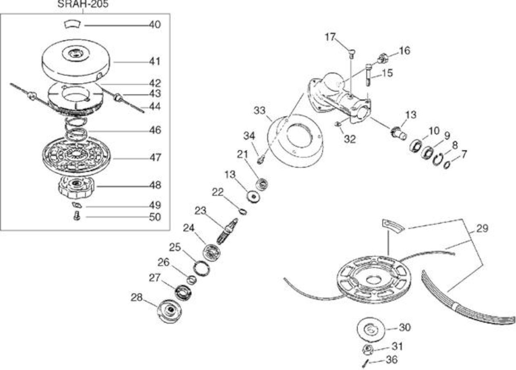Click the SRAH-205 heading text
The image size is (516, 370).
tap(83, 4)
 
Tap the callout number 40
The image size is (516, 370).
tap(155, 25)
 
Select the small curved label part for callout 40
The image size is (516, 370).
tap(72, 24)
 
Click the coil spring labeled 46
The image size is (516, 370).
tap(76, 129)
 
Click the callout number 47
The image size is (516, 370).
tap(155, 158)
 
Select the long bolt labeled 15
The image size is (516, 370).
tap(368, 75)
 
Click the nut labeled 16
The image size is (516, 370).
tap(383, 58)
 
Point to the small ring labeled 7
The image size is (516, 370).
tap(447, 165)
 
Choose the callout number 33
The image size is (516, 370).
tap(260, 110)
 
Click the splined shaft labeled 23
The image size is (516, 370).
tap(227, 231)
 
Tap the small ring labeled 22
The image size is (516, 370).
tap(243, 211)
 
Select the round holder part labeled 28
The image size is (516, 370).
tap(169, 311)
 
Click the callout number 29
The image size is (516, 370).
tap(482, 228)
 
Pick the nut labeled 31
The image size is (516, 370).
tap(368, 349)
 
